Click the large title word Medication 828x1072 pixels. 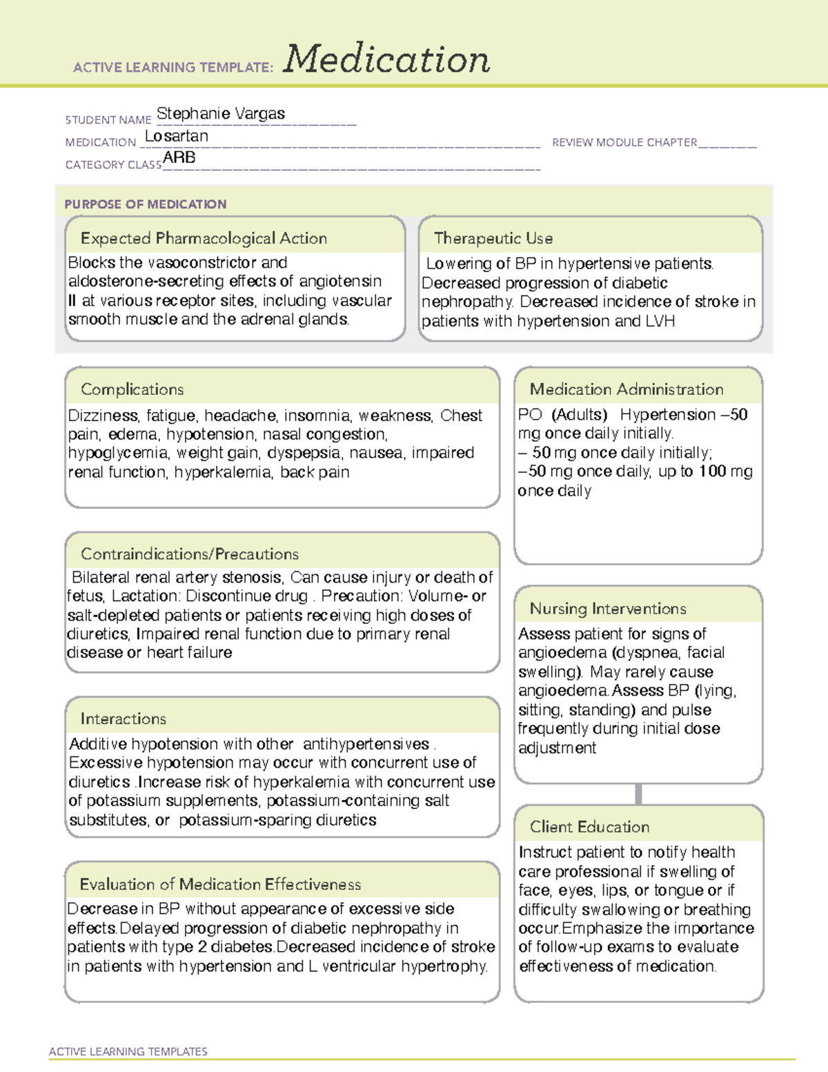tap(386, 59)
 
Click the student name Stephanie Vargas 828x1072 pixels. tap(221, 114)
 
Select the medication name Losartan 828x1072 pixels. tap(177, 137)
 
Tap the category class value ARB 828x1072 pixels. tap(179, 158)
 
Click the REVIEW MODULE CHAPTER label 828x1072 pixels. tap(624, 143)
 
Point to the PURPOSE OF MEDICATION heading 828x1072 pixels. tap(145, 204)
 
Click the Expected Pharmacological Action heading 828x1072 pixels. tap(204, 239)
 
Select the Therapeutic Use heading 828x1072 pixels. tap(493, 239)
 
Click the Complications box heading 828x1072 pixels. tap(132, 390)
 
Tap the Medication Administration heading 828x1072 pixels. tap(626, 390)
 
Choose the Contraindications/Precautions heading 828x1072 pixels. tap(189, 554)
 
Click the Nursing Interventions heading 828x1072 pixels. tap(607, 609)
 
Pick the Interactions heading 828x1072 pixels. tap(123, 719)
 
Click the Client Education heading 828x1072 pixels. tap(589, 827)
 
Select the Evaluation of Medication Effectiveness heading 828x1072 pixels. tap(220, 885)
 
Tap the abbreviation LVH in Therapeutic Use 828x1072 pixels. tap(660, 322)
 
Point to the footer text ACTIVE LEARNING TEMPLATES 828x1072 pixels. tap(128, 1051)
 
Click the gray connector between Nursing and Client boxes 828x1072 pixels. tap(638, 794)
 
